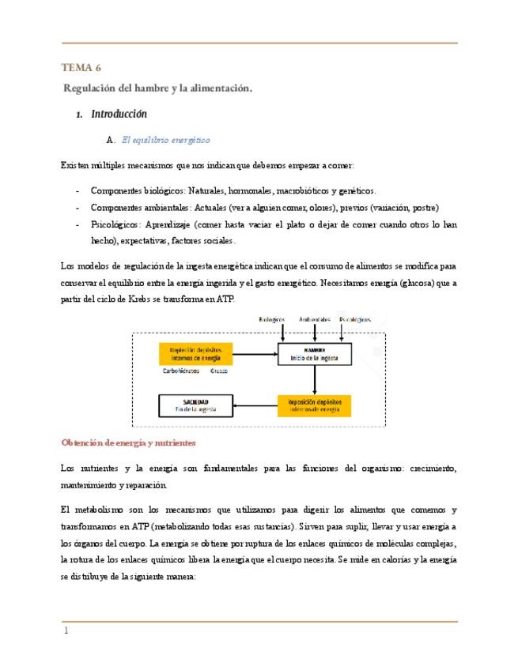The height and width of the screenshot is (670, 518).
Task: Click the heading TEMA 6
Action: point(80,68)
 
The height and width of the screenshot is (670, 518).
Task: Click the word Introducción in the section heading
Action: point(119,115)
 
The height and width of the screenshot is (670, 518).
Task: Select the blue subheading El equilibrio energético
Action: point(165,140)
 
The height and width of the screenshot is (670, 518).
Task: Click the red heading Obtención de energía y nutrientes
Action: point(128,442)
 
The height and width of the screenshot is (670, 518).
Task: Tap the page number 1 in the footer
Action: point(66,631)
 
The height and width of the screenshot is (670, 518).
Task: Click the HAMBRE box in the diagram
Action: point(313,354)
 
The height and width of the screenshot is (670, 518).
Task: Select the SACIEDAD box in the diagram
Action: point(196,405)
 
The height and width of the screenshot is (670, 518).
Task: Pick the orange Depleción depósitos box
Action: point(195,353)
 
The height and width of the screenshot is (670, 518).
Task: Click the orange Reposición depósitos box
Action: point(313,405)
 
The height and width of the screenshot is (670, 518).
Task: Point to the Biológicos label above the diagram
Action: point(272,320)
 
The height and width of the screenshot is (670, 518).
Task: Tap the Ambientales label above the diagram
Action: point(314,320)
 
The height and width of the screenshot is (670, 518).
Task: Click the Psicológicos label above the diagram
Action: point(355,320)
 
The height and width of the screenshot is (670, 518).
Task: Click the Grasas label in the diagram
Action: point(218,370)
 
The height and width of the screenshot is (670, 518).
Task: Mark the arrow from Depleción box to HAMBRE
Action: point(255,354)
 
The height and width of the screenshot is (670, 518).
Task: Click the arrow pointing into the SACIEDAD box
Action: point(255,406)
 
